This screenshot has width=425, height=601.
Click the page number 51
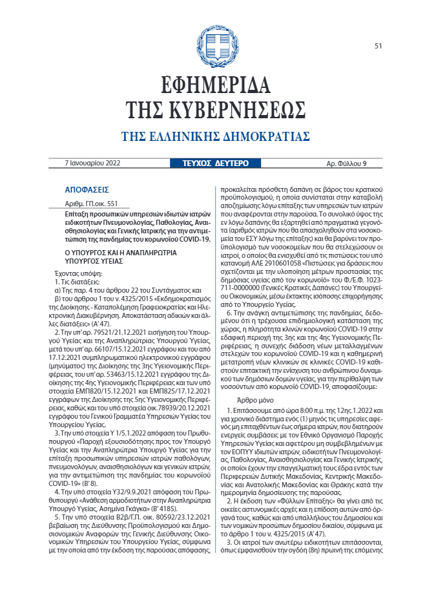pos(378,46)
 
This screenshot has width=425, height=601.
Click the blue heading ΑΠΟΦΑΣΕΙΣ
pos(87,191)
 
